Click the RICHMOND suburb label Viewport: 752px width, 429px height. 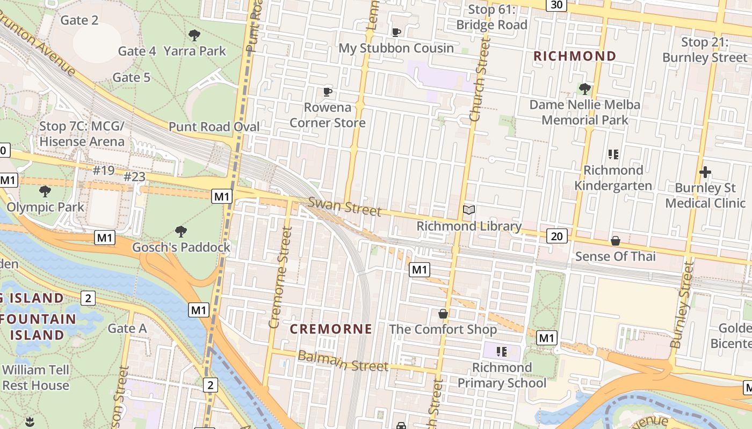coord(575,56)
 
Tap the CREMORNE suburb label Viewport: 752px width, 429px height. coord(331,329)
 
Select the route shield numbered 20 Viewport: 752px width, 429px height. coord(558,235)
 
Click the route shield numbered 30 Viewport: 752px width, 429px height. coord(556,4)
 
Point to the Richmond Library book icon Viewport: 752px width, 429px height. coord(469,210)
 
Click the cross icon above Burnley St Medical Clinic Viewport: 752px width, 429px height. coord(705,172)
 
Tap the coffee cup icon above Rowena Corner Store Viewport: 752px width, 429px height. coord(328,92)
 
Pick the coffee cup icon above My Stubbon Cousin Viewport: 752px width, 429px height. coord(396,33)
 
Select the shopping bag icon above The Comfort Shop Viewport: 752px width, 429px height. coord(443,314)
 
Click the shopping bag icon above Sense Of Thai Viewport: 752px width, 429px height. coord(616,241)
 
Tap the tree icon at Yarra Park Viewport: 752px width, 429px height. coord(194,36)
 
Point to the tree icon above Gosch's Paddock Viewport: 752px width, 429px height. coord(181,232)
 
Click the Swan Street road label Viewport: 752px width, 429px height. coord(344,206)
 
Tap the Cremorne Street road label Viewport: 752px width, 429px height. coord(280,277)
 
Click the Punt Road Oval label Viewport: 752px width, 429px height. coord(214,127)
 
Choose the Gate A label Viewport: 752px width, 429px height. coord(127,328)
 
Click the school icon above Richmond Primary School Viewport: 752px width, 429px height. coord(502,352)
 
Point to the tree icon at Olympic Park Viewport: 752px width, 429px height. coord(45,191)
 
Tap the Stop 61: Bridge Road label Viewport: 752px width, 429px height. coord(491,17)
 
